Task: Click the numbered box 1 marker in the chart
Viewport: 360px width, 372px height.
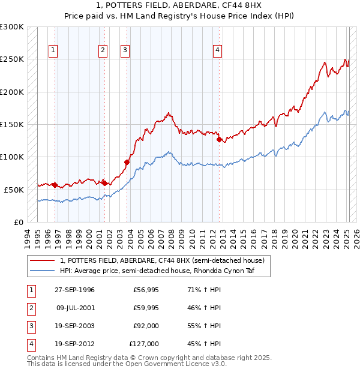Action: pyautogui.click(x=54, y=50)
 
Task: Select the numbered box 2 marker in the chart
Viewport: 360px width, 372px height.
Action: pyautogui.click(x=103, y=50)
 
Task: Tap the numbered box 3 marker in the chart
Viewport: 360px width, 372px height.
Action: pyautogui.click(x=125, y=50)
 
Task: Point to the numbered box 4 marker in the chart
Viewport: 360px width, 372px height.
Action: pyautogui.click(x=217, y=50)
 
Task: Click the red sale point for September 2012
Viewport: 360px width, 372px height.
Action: pyautogui.click(x=219, y=139)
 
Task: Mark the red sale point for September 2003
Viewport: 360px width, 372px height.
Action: pyautogui.click(x=127, y=162)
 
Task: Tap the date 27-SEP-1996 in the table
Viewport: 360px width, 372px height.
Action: pyautogui.click(x=74, y=290)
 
